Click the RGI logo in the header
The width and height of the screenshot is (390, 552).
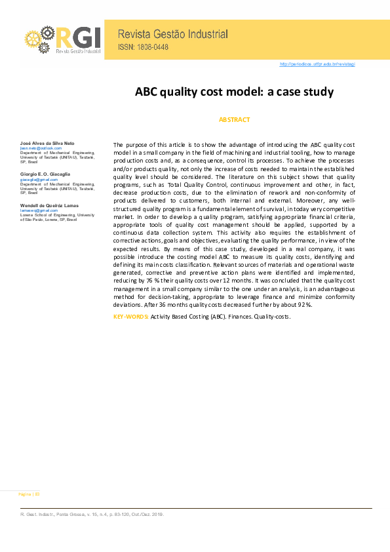click(62, 39)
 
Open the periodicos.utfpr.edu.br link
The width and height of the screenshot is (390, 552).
click(317, 64)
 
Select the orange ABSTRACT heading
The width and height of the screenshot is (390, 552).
click(234, 120)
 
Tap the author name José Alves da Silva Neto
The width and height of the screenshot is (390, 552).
click(49, 143)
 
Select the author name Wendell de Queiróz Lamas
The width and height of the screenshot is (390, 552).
click(49, 205)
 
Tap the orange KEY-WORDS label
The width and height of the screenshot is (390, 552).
click(131, 317)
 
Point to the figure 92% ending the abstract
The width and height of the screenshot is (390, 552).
click(304, 305)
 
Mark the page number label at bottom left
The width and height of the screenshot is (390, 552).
click(28, 493)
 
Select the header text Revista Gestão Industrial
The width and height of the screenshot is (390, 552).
click(172, 34)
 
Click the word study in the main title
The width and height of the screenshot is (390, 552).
click(318, 92)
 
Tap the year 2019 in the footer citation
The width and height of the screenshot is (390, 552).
click(156, 515)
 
